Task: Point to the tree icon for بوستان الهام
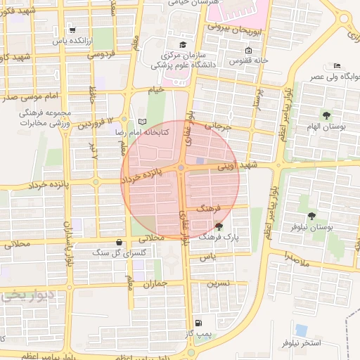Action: click(326, 114)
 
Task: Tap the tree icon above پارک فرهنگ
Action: click(219, 226)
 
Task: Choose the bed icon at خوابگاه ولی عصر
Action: click(336, 65)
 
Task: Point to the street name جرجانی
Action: click(218, 127)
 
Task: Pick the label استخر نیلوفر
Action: click(301, 342)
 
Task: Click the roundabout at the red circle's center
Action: click(181, 167)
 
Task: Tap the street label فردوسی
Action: click(100, 53)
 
